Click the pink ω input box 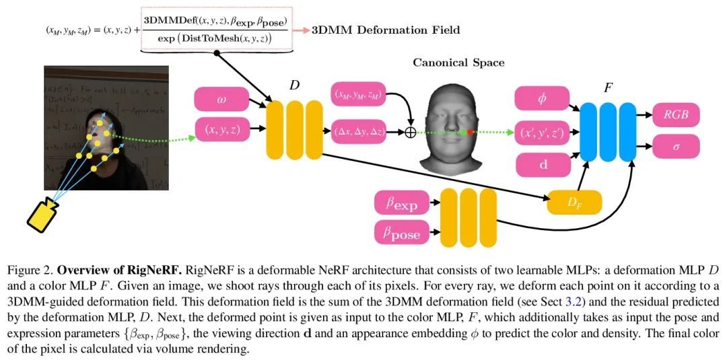click(x=221, y=100)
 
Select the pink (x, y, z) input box click(x=221, y=130)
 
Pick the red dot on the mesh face click(x=470, y=133)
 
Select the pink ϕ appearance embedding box click(x=542, y=98)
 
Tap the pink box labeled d click(x=542, y=164)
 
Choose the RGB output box click(x=676, y=114)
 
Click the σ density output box click(x=676, y=145)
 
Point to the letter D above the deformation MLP click(x=294, y=85)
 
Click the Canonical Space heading click(x=458, y=63)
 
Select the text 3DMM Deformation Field click(x=386, y=30)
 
